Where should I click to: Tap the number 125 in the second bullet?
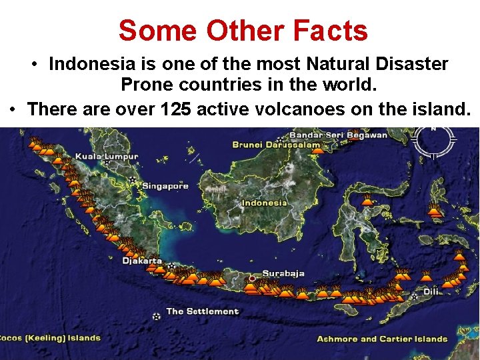point(181,109)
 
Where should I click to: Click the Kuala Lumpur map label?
point(107,157)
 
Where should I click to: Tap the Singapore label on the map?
point(165,186)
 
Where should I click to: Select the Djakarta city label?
point(141,261)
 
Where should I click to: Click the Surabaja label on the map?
point(283,273)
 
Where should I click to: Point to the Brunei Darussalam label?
point(275,145)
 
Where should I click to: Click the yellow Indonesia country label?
point(264,203)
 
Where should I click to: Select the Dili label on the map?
point(431,291)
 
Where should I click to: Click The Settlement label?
point(202,311)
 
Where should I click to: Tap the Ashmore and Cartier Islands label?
point(382,339)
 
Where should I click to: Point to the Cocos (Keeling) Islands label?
point(50,338)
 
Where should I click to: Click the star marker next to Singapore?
point(135,181)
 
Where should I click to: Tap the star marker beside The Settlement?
point(157,317)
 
